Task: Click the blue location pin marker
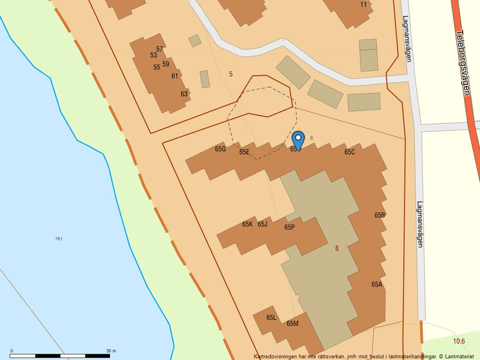point(298,140)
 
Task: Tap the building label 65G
point(220,149)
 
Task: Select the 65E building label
point(244,152)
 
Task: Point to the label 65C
point(349,152)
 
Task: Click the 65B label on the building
point(379,215)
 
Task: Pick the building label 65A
point(376,284)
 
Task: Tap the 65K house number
point(247,224)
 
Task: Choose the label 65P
point(289,227)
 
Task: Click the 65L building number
point(271,318)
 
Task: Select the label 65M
point(292,323)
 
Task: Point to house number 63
point(184,94)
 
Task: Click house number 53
point(154,55)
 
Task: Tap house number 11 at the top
point(364,5)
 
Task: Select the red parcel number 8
point(336,248)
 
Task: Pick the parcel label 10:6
point(459,341)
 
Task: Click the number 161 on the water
point(59,239)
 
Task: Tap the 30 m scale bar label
point(111,351)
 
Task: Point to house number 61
point(175,76)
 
